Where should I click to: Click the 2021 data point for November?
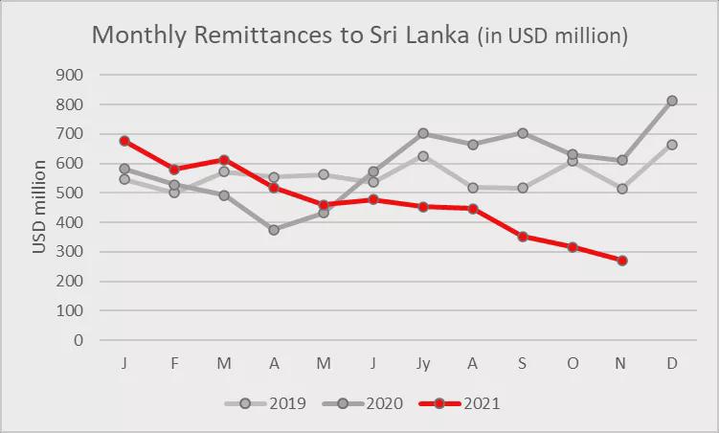[x=622, y=261]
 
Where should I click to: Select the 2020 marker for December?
[x=672, y=101]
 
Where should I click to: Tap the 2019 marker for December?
[x=672, y=145]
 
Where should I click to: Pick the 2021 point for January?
[x=124, y=141]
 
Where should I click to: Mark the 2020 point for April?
[x=274, y=230]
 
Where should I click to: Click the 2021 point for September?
[x=523, y=237]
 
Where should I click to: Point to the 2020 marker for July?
[x=423, y=134]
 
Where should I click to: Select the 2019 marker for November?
[x=622, y=189]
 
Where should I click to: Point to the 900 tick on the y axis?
[x=70, y=75]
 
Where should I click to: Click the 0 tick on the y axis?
[x=78, y=340]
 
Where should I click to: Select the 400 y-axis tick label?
[x=70, y=222]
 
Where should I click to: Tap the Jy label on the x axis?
[x=423, y=364]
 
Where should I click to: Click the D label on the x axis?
[x=672, y=364]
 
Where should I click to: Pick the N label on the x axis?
[x=622, y=364]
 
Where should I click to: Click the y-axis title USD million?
[x=39, y=207]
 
